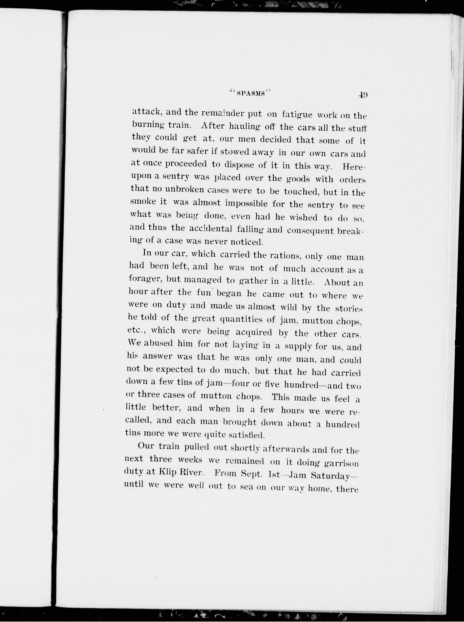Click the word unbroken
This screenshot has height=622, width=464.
tap(184, 190)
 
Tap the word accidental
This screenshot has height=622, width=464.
tap(211, 229)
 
